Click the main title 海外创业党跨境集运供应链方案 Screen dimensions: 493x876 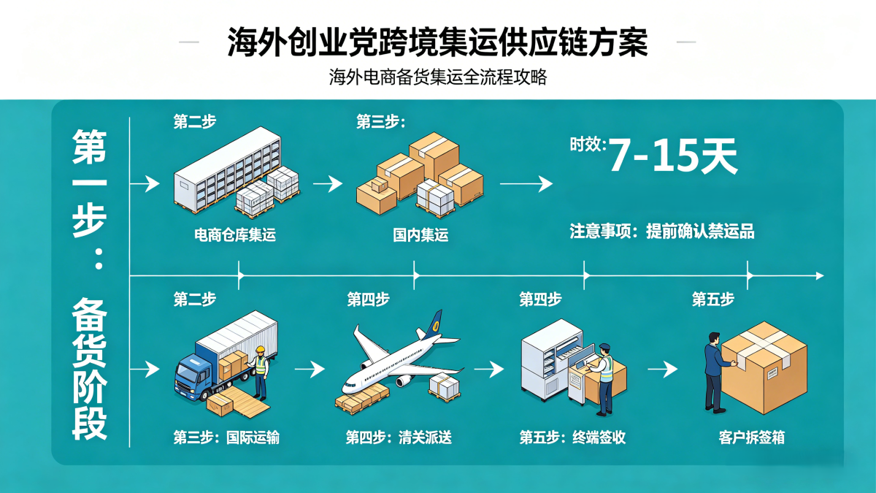[437, 43]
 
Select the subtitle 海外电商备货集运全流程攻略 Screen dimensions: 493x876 [438, 77]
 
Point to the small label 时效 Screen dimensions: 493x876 [587, 144]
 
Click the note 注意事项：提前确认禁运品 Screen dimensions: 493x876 [661, 232]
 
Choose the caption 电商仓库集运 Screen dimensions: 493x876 [235, 235]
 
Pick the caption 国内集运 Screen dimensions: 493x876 [420, 235]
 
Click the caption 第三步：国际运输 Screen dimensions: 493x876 [226, 437]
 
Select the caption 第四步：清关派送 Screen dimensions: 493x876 [399, 437]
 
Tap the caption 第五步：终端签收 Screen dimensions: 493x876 [572, 437]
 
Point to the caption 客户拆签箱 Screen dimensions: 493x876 [751, 437]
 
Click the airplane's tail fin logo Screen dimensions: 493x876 [437, 322]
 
